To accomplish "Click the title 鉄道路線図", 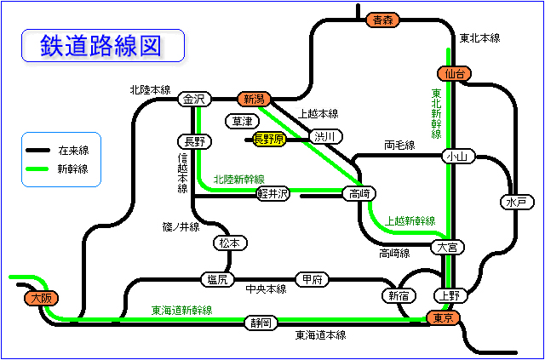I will pos(101,45).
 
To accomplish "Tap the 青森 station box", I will pos(380,19).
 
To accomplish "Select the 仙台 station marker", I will pos(452,74).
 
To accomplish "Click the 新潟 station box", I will pos(254,100).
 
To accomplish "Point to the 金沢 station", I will pos(193,100).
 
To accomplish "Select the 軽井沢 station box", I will pos(272,194).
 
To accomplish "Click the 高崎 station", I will pos(358,194).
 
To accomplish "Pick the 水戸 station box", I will pos(516,203).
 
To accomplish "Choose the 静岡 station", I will pos(261,323).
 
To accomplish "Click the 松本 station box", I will pos(230,243).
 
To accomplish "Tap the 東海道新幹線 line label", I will pos(181,310).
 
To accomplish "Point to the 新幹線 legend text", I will pos(72,169).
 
